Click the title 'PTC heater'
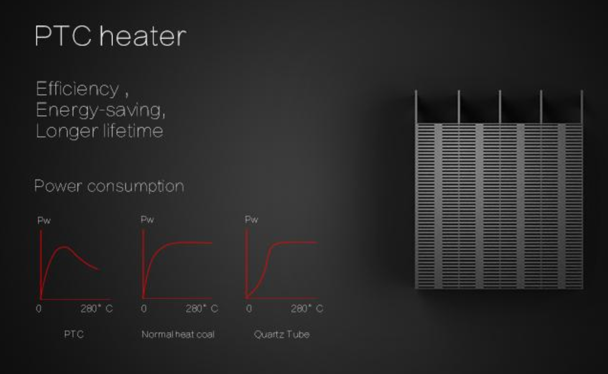tap(110, 36)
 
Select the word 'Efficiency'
tap(77, 89)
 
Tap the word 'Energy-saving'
tap(100, 110)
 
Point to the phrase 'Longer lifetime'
tap(99, 131)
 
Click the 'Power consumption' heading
tap(109, 186)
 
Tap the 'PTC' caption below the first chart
tap(74, 334)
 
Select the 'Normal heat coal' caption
tap(178, 334)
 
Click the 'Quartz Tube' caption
tap(282, 334)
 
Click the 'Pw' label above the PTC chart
tap(44, 221)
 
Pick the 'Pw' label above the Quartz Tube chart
tap(251, 220)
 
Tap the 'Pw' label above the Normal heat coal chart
tap(147, 220)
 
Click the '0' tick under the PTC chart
tap(38, 309)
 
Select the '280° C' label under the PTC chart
tap(97, 309)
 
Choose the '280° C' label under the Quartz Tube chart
tap(307, 309)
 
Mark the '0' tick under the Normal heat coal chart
tap(144, 309)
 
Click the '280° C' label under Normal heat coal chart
tap(202, 309)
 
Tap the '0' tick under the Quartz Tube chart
tap(249, 309)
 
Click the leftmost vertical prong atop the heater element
tap(416, 107)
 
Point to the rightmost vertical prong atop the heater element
tap(581, 107)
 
